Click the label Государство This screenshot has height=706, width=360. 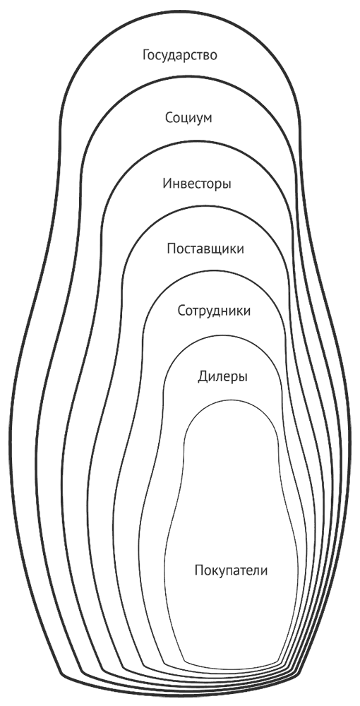coord(180,56)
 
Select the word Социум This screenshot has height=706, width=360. coord(188,119)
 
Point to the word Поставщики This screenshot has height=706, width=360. coord(205,249)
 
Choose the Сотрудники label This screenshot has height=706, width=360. coord(214,311)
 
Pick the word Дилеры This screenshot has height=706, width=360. coord(223,376)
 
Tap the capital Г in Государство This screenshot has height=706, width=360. coord(147,56)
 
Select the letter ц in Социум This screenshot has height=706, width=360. coord(184,120)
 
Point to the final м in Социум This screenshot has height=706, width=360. coord(207,120)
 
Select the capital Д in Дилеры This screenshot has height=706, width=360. coord(203,377)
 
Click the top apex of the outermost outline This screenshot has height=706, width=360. coord(180,11)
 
